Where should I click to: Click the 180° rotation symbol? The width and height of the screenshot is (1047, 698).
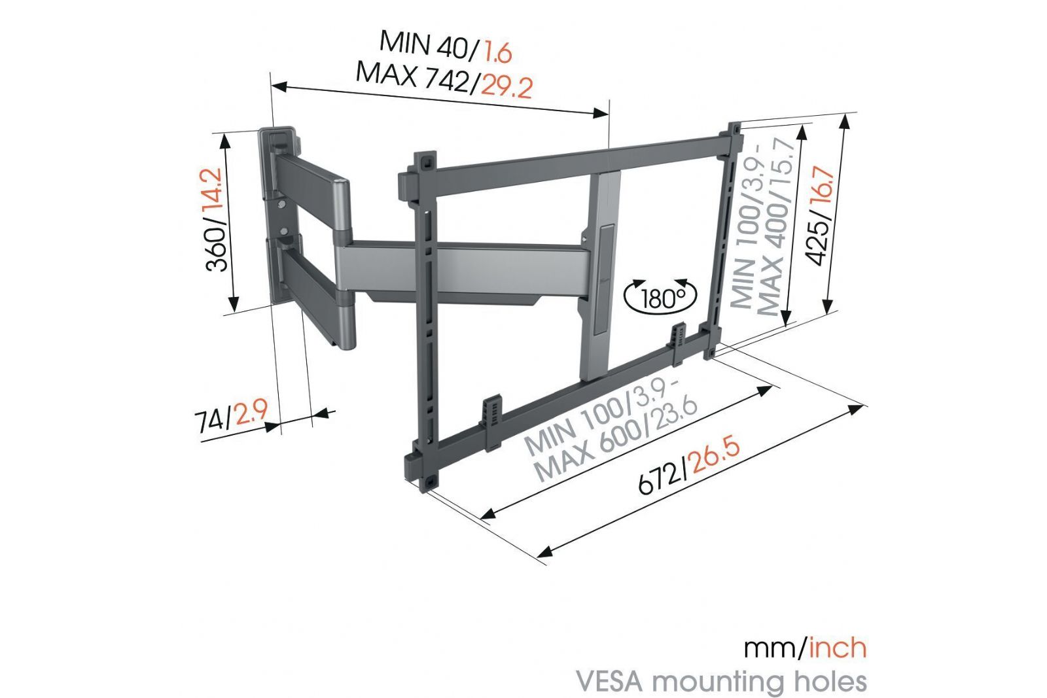(660, 297)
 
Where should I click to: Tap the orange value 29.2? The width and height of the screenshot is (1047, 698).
(506, 87)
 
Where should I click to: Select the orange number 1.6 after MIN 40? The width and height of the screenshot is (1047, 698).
(498, 52)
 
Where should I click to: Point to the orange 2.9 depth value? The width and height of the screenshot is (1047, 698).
(251, 413)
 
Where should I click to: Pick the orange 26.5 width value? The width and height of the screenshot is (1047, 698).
(715, 457)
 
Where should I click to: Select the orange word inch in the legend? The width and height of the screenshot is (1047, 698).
(837, 648)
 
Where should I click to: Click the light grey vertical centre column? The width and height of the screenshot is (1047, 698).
(603, 275)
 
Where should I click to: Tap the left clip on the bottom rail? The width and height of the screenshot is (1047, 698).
(493, 421)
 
